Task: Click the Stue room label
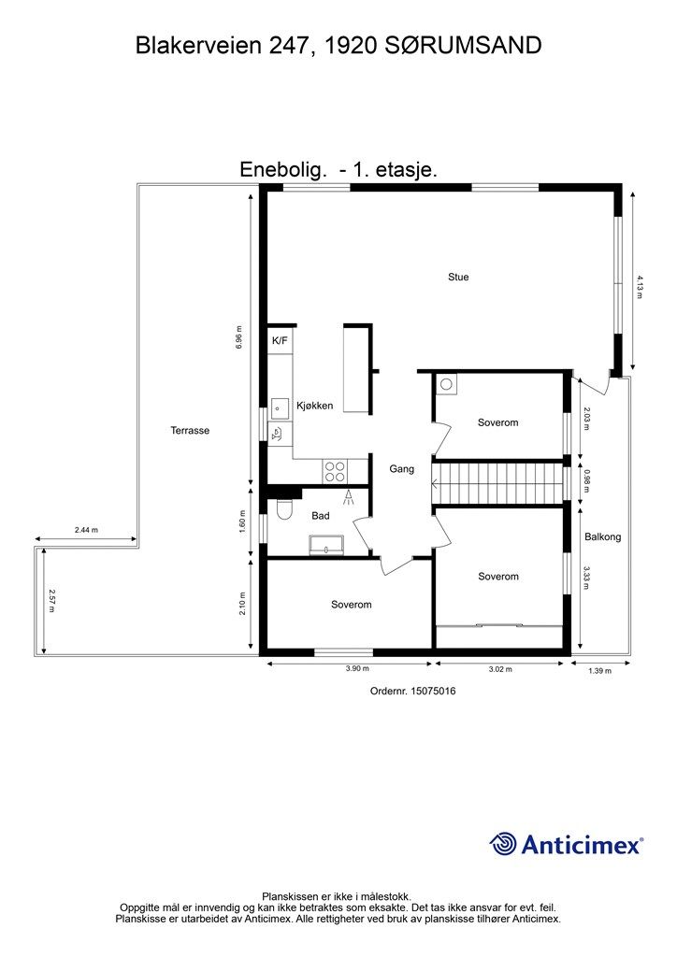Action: [458, 277]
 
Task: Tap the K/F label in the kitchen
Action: [280, 341]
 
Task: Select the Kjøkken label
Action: [315, 406]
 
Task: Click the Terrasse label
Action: [190, 431]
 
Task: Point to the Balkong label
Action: [602, 537]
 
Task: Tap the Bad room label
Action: [321, 515]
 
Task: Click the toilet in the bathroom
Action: [284, 509]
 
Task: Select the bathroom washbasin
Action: [325, 545]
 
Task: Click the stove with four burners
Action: [335, 470]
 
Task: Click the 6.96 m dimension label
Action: [240, 336]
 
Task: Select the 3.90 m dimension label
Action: [350, 670]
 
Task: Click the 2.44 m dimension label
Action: [86, 530]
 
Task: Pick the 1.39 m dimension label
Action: [598, 671]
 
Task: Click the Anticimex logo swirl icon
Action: [503, 844]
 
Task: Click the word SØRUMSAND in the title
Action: [464, 45]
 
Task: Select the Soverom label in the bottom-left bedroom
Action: [351, 605]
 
